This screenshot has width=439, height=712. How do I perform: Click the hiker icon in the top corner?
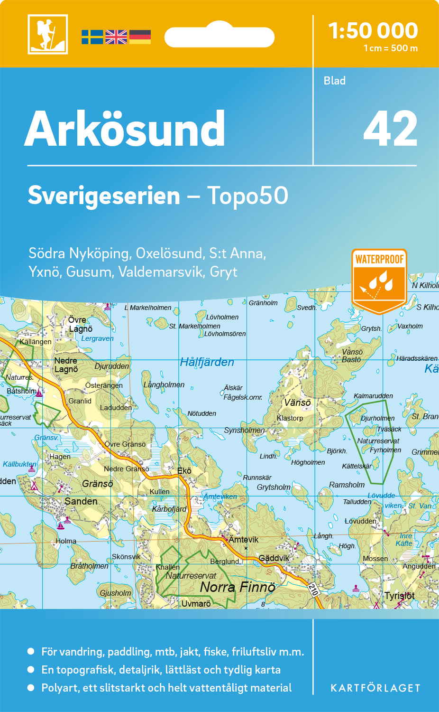tap(47, 34)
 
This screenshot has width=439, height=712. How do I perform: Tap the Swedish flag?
tap(92, 37)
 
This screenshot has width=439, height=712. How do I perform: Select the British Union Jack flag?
tap(116, 37)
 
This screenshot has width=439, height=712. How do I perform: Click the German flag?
tap(140, 37)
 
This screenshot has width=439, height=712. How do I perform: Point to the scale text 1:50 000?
tap(373, 31)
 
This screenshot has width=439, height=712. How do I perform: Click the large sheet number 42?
tap(390, 129)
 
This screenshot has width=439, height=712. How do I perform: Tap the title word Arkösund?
tap(125, 129)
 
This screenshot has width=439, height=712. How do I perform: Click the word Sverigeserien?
tap(104, 196)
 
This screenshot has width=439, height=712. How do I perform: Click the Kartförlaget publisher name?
tap(375, 688)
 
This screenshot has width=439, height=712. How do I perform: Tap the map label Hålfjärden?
tap(207, 362)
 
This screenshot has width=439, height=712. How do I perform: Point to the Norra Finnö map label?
tap(237, 587)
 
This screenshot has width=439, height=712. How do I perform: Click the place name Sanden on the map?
tap(81, 501)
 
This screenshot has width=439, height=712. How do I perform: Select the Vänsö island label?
tap(297, 403)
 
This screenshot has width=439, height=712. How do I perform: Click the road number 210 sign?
tap(313, 590)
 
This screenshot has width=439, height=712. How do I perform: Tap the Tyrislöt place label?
tap(399, 596)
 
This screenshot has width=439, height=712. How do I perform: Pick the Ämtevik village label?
tap(244, 540)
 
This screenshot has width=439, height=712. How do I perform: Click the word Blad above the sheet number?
tap(334, 81)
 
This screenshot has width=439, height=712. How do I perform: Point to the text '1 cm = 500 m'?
tap(390, 48)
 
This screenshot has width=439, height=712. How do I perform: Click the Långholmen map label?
tap(164, 384)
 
